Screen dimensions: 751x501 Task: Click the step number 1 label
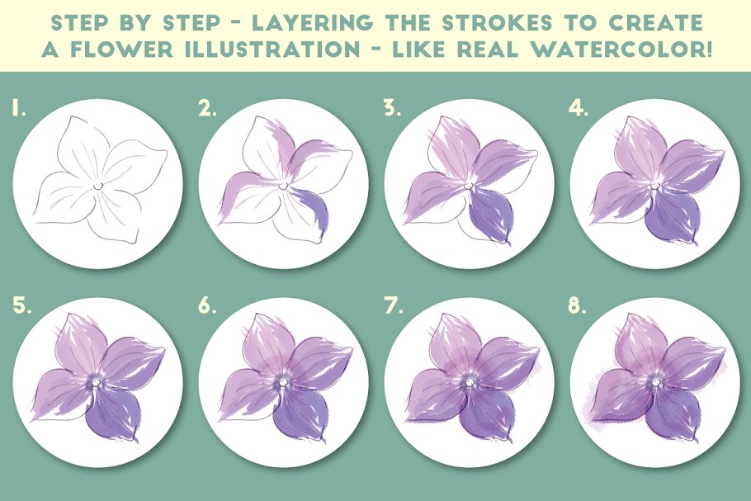pyautogui.click(x=19, y=109)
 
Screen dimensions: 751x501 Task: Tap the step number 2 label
pyautogui.click(x=207, y=109)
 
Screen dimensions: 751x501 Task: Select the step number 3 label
pyautogui.click(x=392, y=109)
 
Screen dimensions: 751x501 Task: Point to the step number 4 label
pyautogui.click(x=578, y=109)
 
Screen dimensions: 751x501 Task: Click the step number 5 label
pyautogui.click(x=22, y=306)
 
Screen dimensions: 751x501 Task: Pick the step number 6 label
pyautogui.click(x=207, y=306)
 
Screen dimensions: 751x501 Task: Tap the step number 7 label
pyautogui.click(x=393, y=306)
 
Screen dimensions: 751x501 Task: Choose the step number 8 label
pyautogui.click(x=578, y=306)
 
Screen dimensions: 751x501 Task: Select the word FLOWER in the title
pyautogui.click(x=121, y=50)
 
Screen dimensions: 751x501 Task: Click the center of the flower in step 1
pyautogui.click(x=97, y=185)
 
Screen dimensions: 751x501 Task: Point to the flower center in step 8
pyautogui.click(x=655, y=383)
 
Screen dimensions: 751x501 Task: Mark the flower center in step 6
pyautogui.click(x=284, y=383)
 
